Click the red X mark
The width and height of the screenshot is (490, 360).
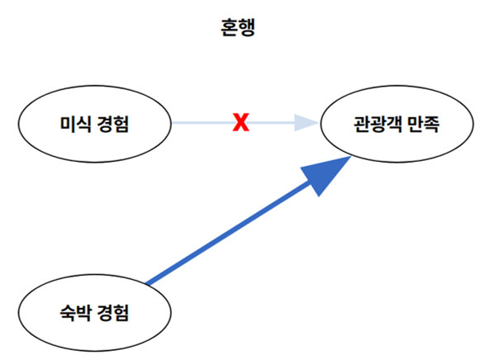[x=240, y=124]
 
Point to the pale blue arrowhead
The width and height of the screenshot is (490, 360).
[x=307, y=124]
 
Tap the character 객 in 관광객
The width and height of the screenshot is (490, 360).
[x=392, y=125]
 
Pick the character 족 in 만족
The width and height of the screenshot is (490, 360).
[x=432, y=125]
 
